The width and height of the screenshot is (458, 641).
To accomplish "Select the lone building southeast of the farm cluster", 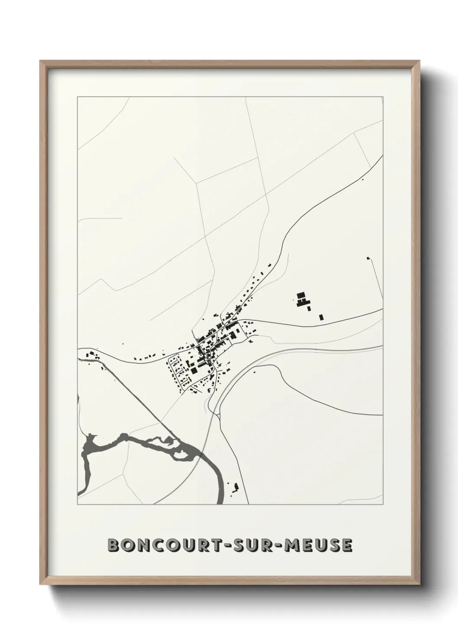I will [x=321, y=317].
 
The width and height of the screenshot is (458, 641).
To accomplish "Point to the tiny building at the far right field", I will [x=368, y=258].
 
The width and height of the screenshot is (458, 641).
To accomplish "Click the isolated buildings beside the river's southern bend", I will [x=235, y=488].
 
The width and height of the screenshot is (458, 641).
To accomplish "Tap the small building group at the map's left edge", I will [x=91, y=355].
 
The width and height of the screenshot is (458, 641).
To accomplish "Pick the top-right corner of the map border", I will [x=383, y=97].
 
